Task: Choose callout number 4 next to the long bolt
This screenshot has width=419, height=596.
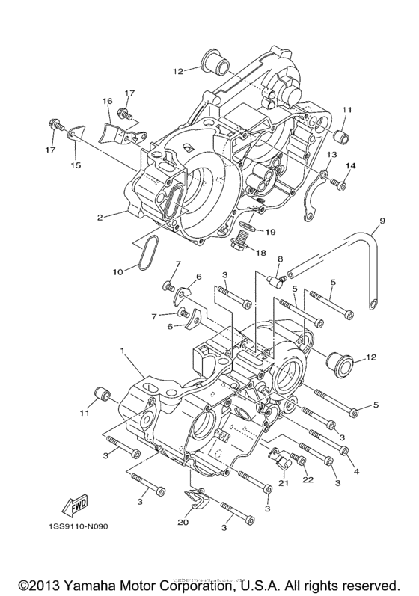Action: click(x=357, y=471)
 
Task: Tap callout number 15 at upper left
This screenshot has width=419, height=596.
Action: click(x=75, y=164)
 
